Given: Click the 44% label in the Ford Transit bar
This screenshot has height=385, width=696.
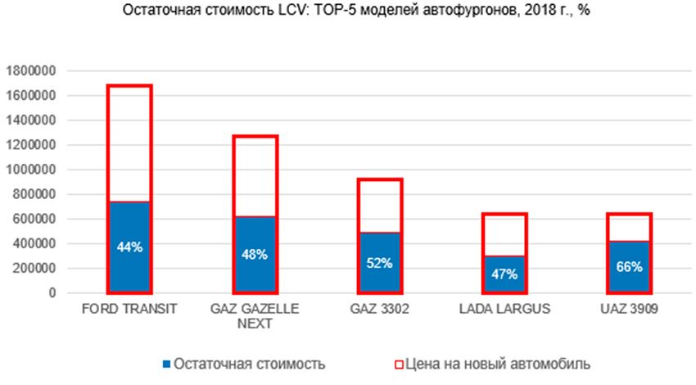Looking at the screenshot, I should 130,247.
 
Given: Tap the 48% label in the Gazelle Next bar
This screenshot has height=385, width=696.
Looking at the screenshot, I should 255,254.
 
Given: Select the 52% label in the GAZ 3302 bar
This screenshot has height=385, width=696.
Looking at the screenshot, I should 380,263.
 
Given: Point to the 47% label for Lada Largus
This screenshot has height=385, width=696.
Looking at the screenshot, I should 504,274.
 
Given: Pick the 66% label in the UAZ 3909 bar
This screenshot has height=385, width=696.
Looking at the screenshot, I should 630,266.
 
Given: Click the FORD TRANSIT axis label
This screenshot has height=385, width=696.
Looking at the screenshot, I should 130,310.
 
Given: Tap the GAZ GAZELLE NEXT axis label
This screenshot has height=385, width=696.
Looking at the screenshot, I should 255,316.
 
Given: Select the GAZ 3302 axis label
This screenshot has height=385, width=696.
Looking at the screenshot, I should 380,310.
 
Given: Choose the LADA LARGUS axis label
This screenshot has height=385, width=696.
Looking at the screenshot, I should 504,310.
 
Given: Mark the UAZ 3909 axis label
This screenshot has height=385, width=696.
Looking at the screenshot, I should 630,310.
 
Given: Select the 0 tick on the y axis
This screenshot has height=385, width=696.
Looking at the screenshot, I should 51,292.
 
